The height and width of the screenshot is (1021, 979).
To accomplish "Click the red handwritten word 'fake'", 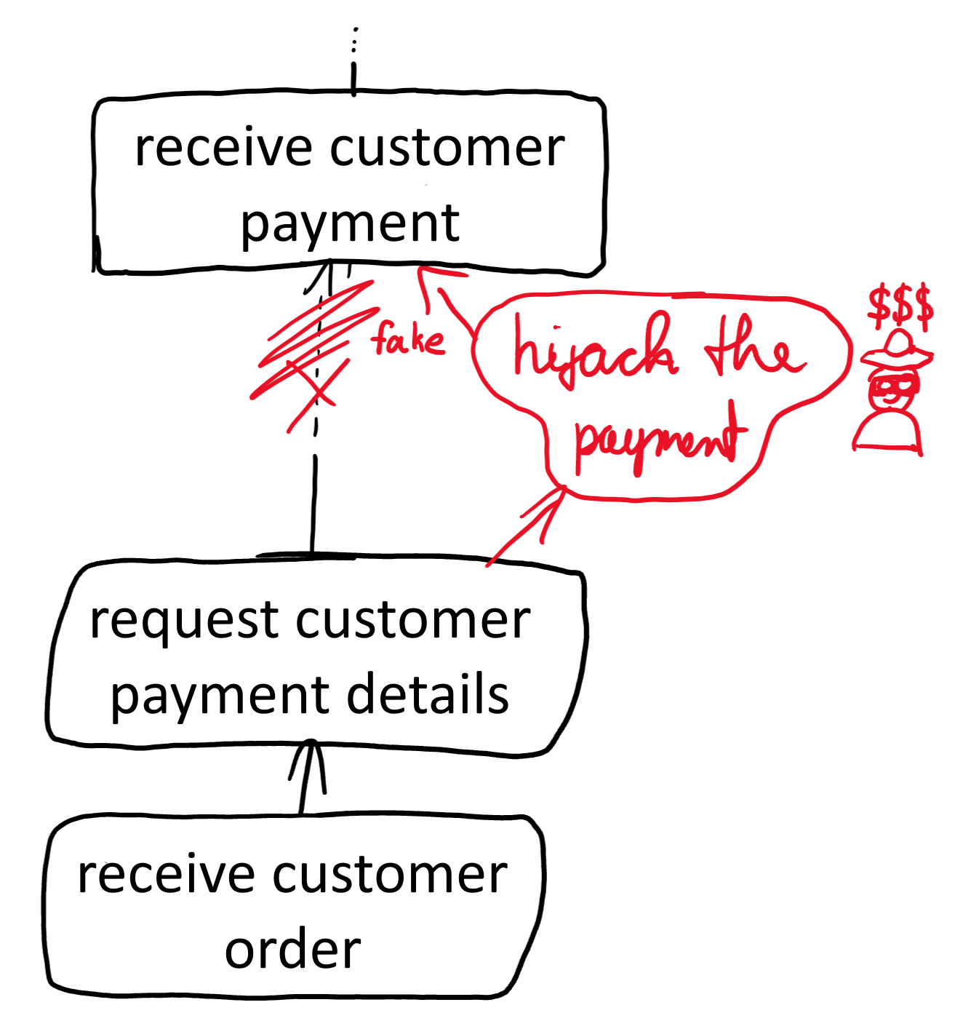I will [407, 339].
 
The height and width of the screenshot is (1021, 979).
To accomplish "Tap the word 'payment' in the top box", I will [350, 223].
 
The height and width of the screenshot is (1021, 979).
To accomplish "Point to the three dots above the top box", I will [354, 41].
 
